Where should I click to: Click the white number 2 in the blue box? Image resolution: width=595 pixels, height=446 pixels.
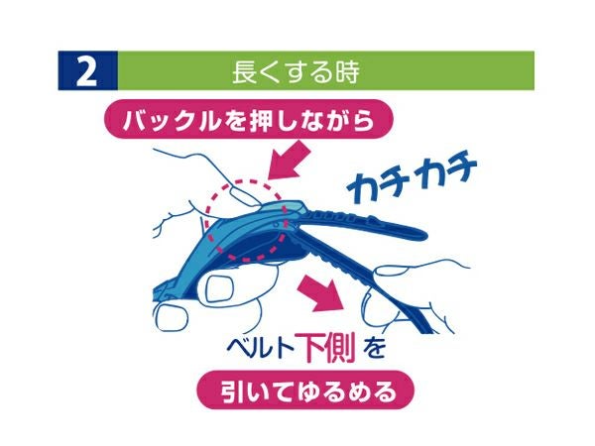[x=87, y=71]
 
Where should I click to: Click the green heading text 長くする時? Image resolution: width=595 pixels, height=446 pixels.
[x=296, y=71]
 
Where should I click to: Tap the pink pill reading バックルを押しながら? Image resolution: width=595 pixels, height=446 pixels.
[x=249, y=119]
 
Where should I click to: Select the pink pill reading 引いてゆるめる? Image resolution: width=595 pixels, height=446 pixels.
[x=305, y=390]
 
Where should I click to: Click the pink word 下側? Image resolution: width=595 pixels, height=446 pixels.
[x=326, y=347]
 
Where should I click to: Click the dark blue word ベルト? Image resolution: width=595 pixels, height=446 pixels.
[x=260, y=348]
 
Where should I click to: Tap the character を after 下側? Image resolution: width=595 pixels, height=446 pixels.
[x=374, y=349]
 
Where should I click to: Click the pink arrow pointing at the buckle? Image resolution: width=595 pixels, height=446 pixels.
[x=290, y=160]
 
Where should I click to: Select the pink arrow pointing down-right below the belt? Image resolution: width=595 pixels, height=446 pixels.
[x=321, y=295]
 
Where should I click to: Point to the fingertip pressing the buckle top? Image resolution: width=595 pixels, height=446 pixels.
[x=244, y=197]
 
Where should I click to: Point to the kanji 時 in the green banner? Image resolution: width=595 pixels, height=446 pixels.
[x=348, y=71]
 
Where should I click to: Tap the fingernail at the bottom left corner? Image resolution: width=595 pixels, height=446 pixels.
[x=172, y=318]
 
